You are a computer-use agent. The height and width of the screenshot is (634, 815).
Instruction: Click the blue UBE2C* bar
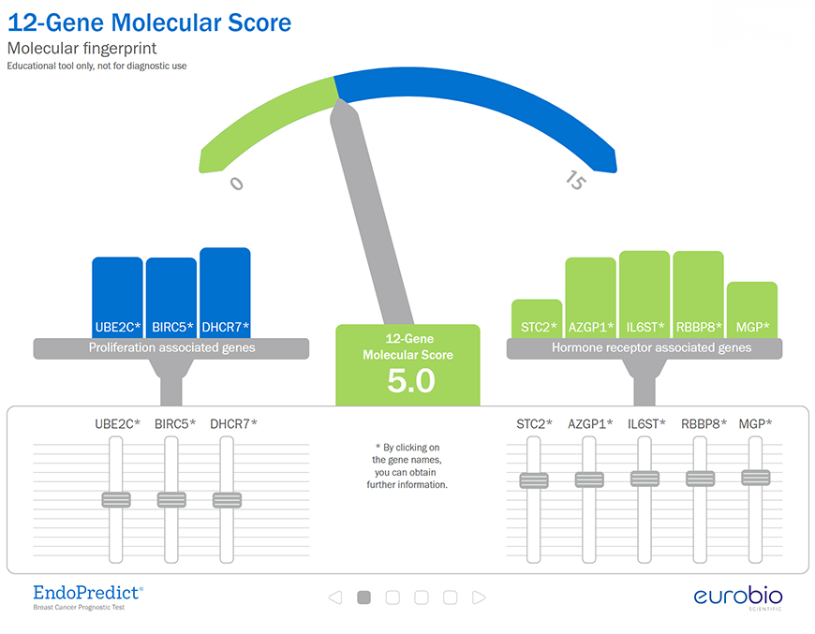pyautogui.click(x=117, y=298)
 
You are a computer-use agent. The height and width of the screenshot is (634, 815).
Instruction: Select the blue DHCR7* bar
pyautogui.click(x=225, y=293)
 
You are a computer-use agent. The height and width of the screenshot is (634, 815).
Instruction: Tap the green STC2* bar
pyautogui.click(x=537, y=319)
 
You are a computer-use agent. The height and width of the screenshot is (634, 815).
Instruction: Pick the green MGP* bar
pyautogui.click(x=752, y=310)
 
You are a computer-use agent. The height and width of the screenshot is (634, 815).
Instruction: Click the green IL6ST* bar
pyautogui.click(x=645, y=295)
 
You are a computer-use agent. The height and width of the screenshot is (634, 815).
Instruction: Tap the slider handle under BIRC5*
pyautogui.click(x=171, y=500)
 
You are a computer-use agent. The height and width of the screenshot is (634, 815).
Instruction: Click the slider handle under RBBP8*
pyautogui.click(x=700, y=479)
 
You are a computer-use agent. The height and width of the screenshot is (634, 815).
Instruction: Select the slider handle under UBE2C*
pyautogui.click(x=116, y=500)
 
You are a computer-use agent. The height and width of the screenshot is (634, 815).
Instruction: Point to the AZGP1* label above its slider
pyautogui.click(x=590, y=424)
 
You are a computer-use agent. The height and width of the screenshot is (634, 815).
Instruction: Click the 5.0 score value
pyautogui.click(x=411, y=381)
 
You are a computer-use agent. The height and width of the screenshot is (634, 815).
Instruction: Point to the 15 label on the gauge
pyautogui.click(x=576, y=180)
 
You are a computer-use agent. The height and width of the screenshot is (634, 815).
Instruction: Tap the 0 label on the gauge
pyautogui.click(x=236, y=184)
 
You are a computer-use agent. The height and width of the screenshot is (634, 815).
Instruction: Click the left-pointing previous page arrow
pyautogui.click(x=335, y=597)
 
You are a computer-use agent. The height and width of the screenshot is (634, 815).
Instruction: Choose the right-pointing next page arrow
pyautogui.click(x=479, y=597)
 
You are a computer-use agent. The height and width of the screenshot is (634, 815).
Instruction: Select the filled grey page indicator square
pyautogui.click(x=363, y=597)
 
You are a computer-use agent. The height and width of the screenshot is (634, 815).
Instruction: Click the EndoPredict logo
pyautogui.click(x=88, y=597)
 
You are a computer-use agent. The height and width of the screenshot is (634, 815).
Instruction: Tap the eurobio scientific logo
pyautogui.click(x=738, y=598)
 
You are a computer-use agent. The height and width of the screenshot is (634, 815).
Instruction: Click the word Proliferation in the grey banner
pyautogui.click(x=122, y=347)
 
